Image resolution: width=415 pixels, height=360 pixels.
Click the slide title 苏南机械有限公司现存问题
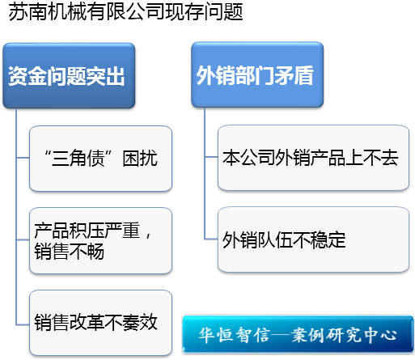(125, 12)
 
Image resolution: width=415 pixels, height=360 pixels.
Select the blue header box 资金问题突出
(69, 76)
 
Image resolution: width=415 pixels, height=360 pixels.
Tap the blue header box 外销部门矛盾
(257, 74)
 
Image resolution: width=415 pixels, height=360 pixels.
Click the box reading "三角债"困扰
(100, 159)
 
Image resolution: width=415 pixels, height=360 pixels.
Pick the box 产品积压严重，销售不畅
(100, 240)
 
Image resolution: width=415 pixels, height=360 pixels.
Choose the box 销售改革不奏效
(100, 323)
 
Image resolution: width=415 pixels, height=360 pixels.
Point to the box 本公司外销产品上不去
(313, 158)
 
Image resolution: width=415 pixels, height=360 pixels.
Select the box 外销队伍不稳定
(313, 239)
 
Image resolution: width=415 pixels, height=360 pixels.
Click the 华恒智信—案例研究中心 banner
(298, 335)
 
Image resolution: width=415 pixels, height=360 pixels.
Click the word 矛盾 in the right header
(294, 75)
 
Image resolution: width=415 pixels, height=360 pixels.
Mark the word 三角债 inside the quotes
(78, 158)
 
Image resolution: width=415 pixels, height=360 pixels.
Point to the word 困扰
(140, 158)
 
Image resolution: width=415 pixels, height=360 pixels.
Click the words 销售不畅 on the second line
(69, 251)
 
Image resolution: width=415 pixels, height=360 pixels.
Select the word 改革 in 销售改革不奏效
(87, 322)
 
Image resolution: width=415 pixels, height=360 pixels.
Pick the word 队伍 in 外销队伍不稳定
(275, 239)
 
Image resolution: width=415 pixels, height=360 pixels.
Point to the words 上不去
(372, 158)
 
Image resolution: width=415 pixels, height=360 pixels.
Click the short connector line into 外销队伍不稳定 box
(211, 239)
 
